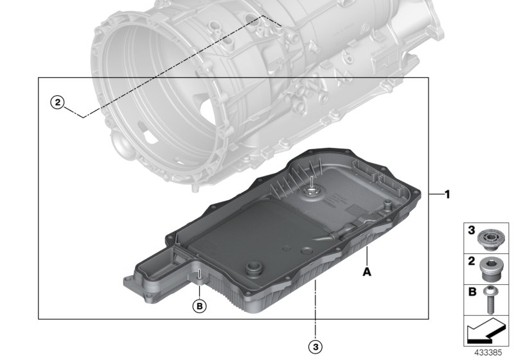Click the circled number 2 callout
coord(58,102)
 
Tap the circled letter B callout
coord(200,306)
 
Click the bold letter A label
coord(368,272)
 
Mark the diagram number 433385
coord(486,352)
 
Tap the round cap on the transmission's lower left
coord(121,142)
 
